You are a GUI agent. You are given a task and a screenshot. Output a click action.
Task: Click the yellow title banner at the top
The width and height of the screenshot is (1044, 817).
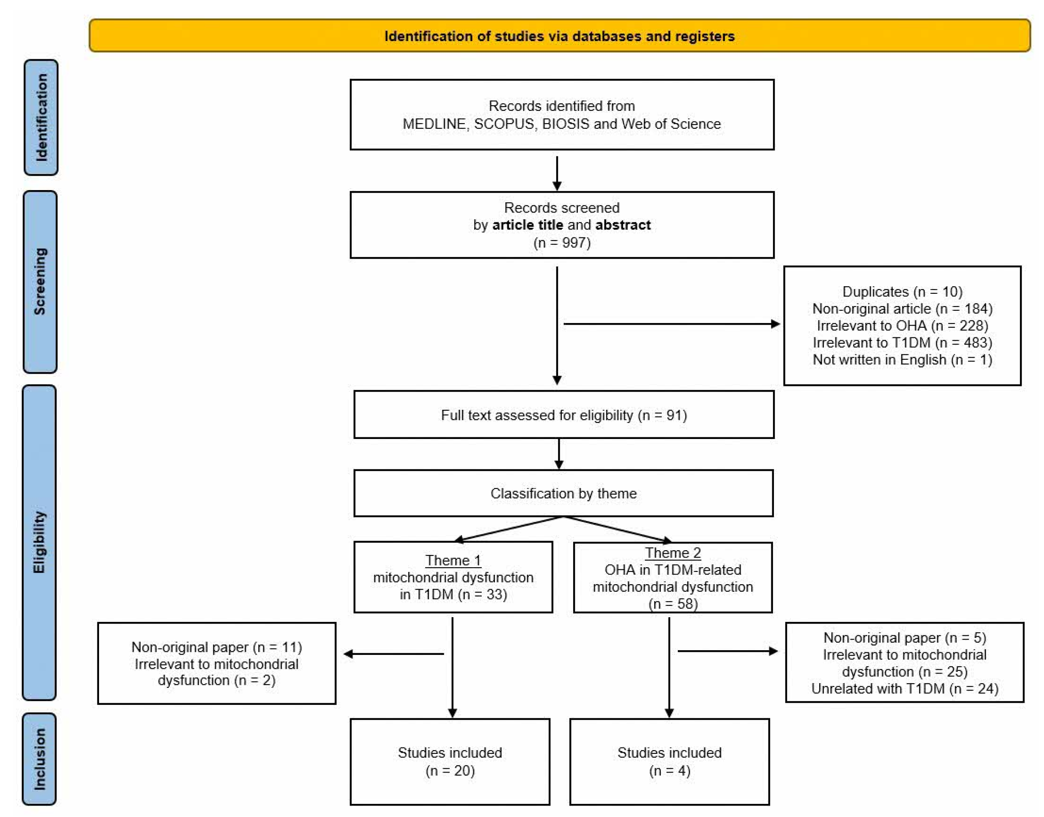(x=559, y=36)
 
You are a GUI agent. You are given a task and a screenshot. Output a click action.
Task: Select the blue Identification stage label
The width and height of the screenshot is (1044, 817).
(x=41, y=117)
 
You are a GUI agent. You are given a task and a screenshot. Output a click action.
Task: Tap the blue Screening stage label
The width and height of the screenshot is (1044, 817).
(x=40, y=282)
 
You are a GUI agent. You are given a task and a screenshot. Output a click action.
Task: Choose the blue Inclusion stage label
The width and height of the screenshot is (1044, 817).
(x=39, y=759)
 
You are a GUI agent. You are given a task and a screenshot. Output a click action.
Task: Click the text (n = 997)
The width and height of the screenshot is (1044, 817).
(x=562, y=243)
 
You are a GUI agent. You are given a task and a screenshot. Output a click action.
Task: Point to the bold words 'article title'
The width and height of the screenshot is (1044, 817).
(x=527, y=225)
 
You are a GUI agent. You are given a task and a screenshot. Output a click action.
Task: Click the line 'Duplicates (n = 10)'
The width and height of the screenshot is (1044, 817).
(x=902, y=291)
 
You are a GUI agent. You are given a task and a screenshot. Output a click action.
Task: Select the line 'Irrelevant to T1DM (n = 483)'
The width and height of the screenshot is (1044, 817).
(x=902, y=342)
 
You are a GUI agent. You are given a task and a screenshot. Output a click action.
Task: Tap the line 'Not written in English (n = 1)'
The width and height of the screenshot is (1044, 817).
(x=902, y=359)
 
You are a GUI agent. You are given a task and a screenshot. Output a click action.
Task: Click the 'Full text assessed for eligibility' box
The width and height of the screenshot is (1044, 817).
(x=563, y=415)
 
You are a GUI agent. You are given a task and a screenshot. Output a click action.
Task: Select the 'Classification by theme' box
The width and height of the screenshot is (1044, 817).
(x=563, y=493)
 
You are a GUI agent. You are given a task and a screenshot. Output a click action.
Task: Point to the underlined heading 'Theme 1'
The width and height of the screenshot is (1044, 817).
(x=453, y=560)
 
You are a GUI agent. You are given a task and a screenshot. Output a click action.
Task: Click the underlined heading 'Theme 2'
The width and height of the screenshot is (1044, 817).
(x=673, y=553)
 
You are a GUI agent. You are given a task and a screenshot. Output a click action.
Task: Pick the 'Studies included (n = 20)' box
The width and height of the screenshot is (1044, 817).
(x=450, y=762)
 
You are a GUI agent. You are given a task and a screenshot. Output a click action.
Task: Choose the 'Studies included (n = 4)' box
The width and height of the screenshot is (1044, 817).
(x=669, y=762)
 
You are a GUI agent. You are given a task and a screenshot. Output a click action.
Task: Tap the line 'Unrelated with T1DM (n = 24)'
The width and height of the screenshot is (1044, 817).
(x=905, y=688)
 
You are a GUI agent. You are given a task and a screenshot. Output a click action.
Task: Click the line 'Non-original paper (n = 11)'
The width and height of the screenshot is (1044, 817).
(x=217, y=647)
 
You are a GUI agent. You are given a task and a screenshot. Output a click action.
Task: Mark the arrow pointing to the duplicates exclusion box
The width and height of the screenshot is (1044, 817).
(x=672, y=324)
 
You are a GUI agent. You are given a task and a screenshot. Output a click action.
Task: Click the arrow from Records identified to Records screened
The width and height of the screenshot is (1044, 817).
(x=557, y=173)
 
